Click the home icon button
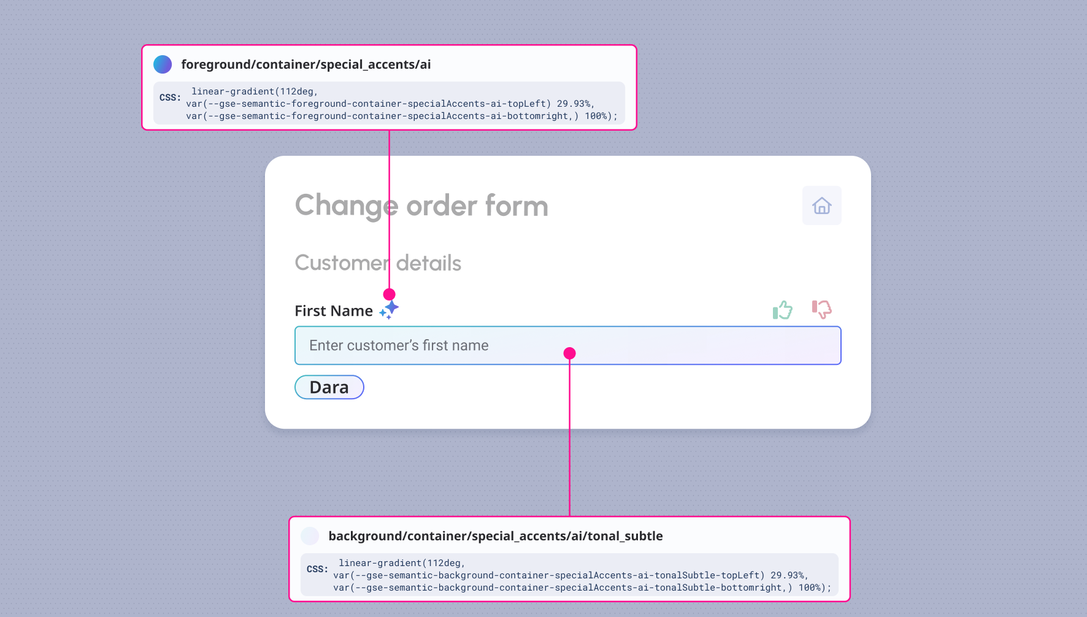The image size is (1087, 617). (x=821, y=206)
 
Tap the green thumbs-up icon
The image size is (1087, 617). (x=782, y=310)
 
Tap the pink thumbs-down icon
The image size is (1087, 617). (x=821, y=309)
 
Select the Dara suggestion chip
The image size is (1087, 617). (x=329, y=387)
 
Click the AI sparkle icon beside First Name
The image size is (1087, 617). (x=389, y=309)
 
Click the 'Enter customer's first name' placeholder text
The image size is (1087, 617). (x=399, y=346)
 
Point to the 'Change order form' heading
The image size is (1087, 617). (x=421, y=205)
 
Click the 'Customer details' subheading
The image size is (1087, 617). (x=378, y=263)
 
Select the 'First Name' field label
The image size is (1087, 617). (x=334, y=311)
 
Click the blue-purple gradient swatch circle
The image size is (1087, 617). (x=163, y=64)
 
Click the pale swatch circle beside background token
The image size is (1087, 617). (x=310, y=536)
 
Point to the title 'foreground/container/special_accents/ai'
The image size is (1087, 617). (x=306, y=64)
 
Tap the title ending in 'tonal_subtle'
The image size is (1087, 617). (x=496, y=536)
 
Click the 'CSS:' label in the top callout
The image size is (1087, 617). (x=170, y=98)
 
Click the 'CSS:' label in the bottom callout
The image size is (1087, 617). (x=317, y=569)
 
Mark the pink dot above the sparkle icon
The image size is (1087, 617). (x=389, y=294)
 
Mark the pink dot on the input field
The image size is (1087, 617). (x=569, y=353)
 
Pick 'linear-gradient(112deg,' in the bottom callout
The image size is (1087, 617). (x=402, y=563)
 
